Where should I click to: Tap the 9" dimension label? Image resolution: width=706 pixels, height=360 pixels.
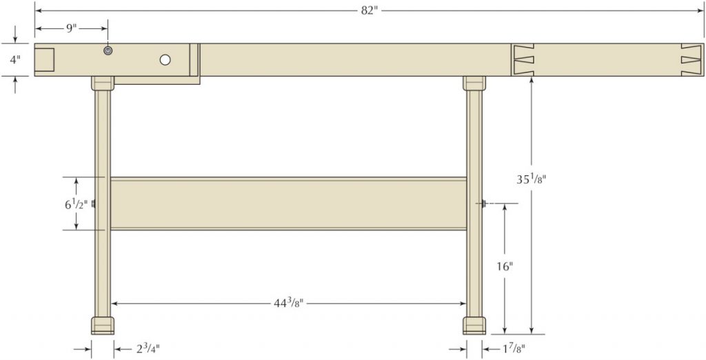pos(71,28)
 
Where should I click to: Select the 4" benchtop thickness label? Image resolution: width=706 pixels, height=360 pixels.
pos(14,59)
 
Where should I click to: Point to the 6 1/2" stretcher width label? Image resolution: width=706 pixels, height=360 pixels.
pos(76,204)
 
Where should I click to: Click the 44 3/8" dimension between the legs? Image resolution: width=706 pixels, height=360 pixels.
pos(289,302)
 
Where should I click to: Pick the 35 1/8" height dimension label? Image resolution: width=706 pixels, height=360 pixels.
pos(532,179)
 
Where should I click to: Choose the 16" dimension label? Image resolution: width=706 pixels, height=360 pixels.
pos(505,266)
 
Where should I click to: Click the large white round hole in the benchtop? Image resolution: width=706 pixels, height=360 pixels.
pos(165,60)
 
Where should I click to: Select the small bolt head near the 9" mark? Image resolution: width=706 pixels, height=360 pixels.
pos(108,50)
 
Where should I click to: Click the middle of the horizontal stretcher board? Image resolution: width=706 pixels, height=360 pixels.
pos(288,204)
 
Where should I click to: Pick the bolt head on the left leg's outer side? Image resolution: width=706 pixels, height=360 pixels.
pos(93,203)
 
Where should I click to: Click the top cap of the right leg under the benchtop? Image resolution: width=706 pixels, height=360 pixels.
pos(474,83)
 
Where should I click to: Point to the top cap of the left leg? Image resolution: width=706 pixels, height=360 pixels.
pos(102,83)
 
